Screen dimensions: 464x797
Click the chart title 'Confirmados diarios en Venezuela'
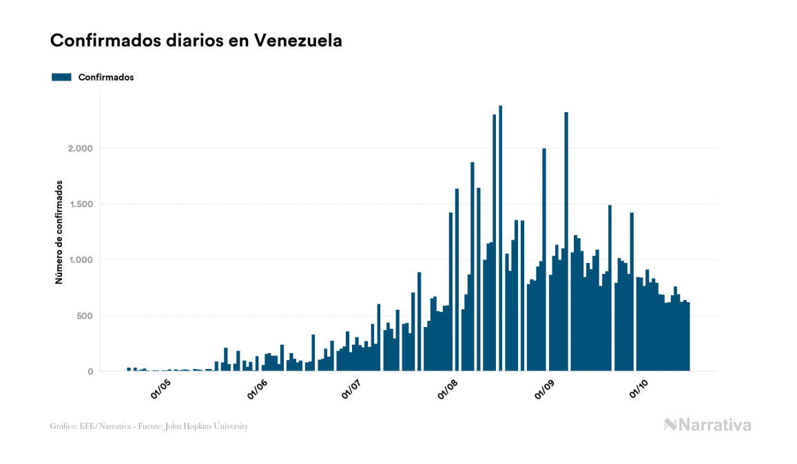tap(196, 41)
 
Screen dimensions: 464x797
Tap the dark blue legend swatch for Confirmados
tap(62, 77)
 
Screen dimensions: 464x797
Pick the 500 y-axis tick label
tap(85, 316)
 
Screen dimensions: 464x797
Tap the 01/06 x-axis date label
tap(256, 390)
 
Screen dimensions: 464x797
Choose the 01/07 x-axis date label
tap(352, 390)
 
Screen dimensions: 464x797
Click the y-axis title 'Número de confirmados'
tap(59, 233)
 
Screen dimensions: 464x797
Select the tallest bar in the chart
tap(500, 241)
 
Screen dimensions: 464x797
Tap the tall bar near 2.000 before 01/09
tap(544, 262)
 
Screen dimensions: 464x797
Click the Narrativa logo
tap(707, 425)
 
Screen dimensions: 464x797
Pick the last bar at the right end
tap(688, 337)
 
